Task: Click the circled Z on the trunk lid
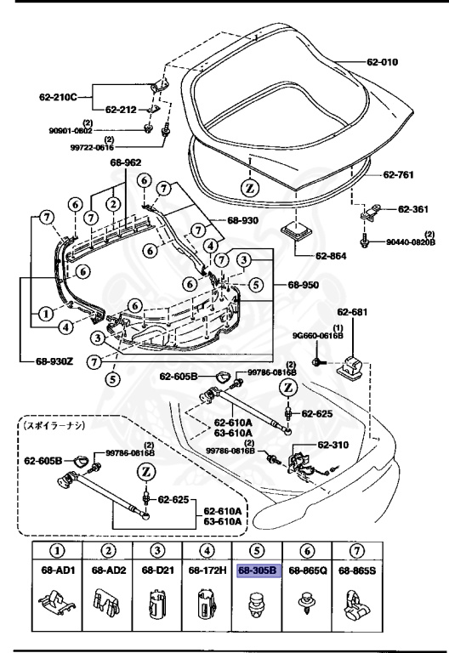(249, 186)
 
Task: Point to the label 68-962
(126, 162)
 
